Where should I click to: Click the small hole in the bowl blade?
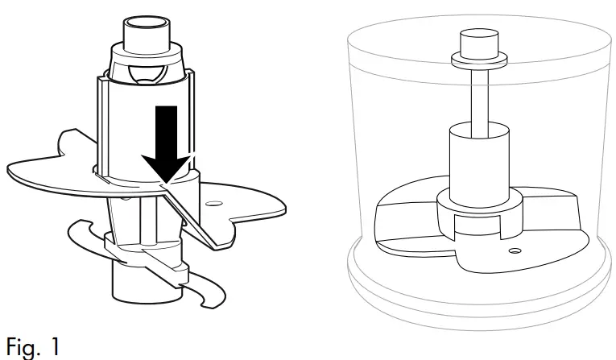click(514, 251)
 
